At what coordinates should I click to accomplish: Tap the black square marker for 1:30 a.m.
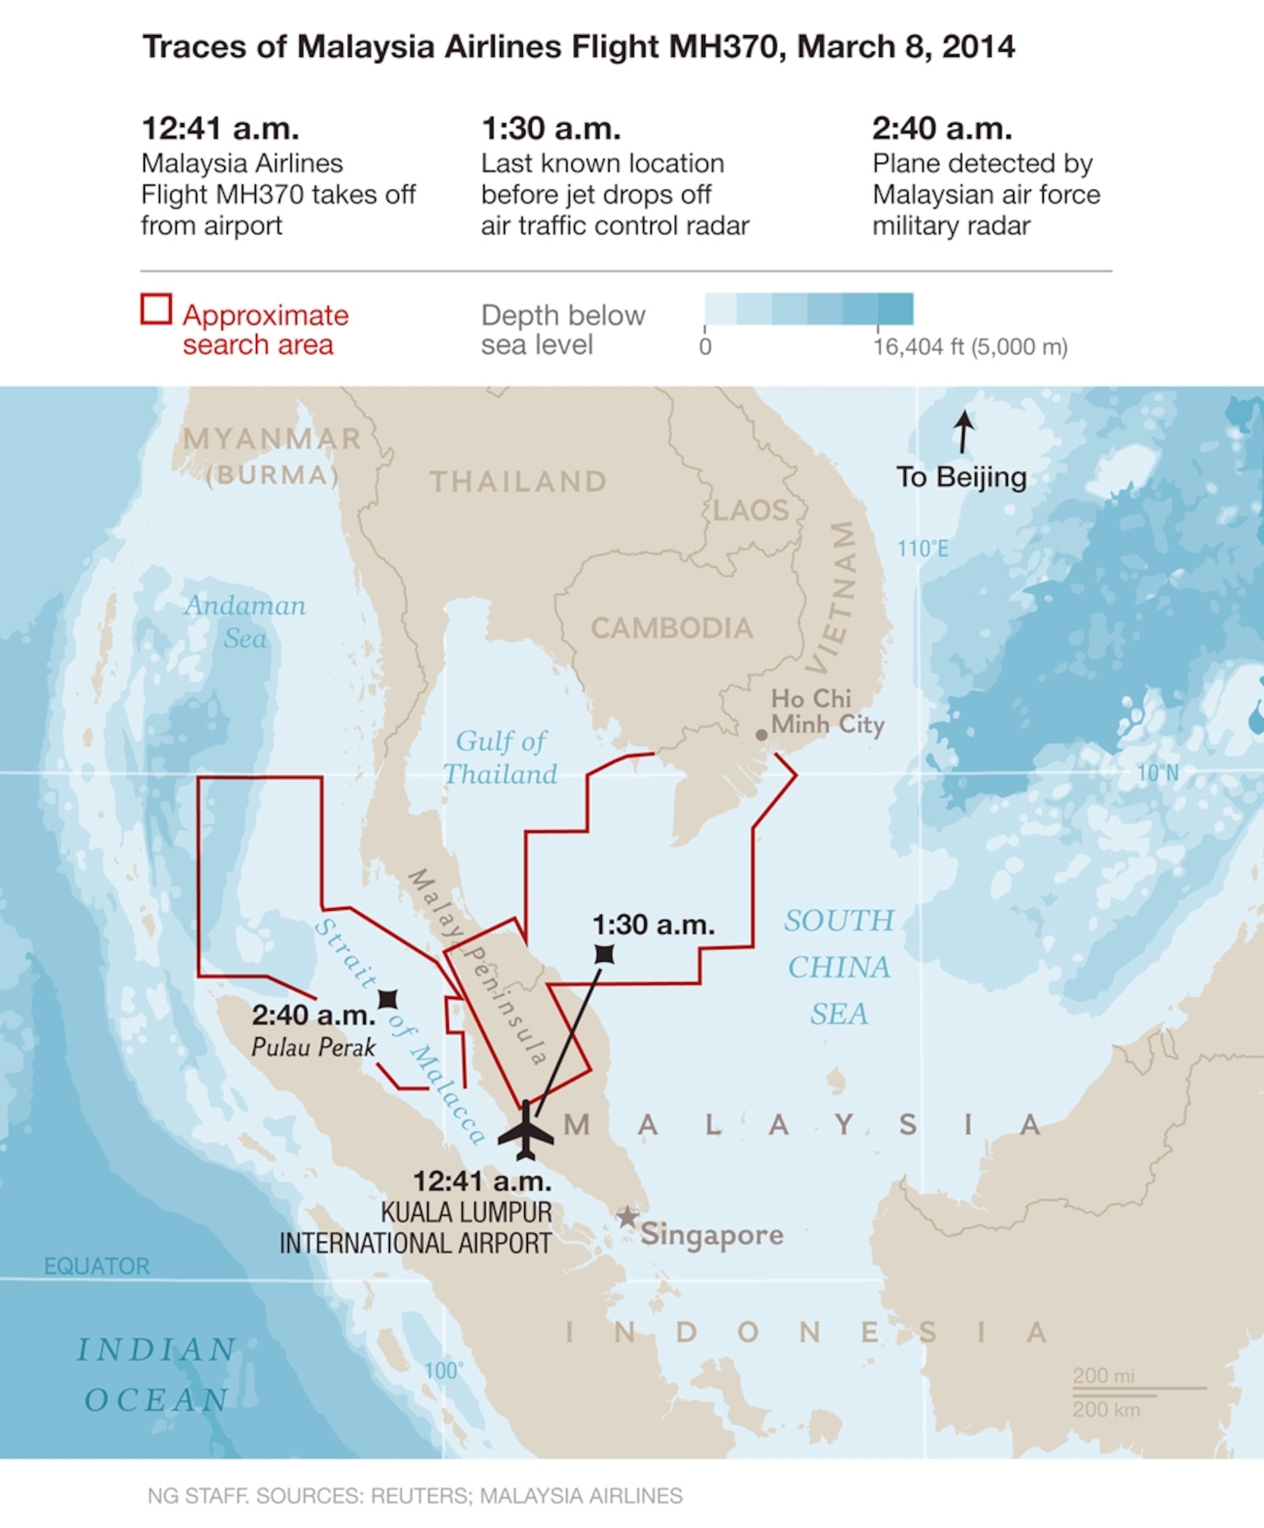click(604, 954)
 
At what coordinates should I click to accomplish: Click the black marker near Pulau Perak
click(388, 999)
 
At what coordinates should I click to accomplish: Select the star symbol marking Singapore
click(627, 1217)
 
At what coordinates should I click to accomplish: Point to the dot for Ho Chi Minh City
click(761, 735)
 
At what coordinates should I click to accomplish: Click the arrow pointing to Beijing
click(964, 431)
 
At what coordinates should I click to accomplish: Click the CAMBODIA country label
click(671, 628)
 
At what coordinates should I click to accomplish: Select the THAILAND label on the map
click(518, 481)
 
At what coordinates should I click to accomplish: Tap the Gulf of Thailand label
click(500, 758)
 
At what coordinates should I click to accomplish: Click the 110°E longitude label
click(923, 549)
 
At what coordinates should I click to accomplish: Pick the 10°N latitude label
click(1158, 773)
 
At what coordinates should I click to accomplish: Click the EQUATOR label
click(97, 1266)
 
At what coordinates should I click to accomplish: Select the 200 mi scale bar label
click(1103, 1376)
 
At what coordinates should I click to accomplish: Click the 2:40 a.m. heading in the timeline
click(942, 129)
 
